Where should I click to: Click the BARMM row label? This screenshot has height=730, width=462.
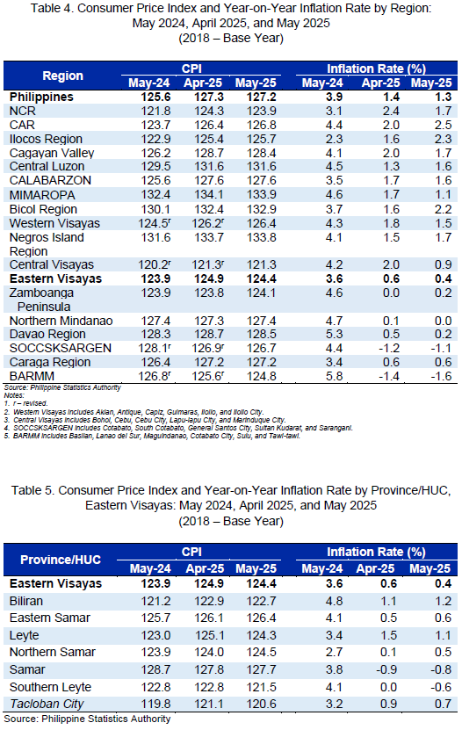32,376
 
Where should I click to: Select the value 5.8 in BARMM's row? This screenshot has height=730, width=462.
334,376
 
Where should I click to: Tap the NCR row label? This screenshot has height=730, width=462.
22,112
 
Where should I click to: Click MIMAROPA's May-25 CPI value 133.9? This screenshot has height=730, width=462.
262,195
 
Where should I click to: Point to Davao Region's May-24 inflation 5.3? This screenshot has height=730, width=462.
334,335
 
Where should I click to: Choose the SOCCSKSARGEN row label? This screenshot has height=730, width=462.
61,348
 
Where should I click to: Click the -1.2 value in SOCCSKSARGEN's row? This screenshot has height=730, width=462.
388,348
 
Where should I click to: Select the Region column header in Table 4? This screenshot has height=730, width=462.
63,76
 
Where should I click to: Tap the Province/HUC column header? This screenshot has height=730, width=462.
61,560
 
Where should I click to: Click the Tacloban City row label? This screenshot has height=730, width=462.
47,704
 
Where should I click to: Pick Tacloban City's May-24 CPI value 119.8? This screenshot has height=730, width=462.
155,704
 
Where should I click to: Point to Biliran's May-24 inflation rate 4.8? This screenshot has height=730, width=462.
334,601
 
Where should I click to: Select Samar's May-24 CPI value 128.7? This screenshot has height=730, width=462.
155,669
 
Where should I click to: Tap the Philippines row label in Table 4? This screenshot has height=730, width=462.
41,97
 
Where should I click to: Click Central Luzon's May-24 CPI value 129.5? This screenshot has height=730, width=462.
155,166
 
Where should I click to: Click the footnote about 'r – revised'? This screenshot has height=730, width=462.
26,403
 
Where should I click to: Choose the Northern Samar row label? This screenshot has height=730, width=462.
53,652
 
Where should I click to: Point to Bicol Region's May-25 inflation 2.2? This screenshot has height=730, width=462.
443,209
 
